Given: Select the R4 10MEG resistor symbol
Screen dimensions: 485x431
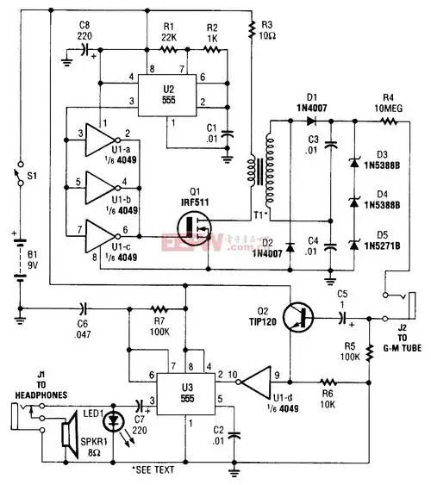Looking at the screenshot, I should pyautogui.click(x=384, y=122).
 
